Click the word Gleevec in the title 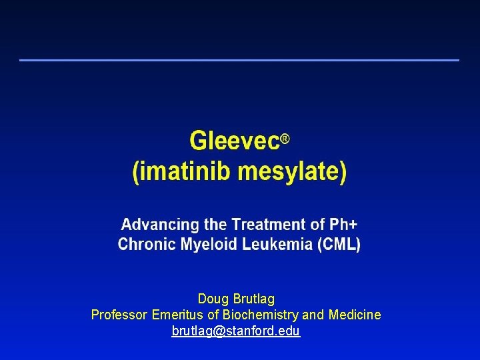pos(233,141)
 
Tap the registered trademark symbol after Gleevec pos(285,138)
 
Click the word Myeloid pos(205,244)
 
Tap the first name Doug pos(212,299)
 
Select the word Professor pos(120,315)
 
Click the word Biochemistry pos(261,315)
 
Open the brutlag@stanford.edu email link pos(236,331)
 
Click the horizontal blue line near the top pos(239,60)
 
